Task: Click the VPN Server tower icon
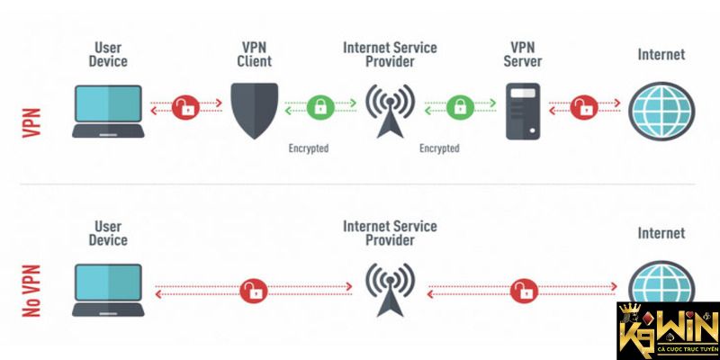522,110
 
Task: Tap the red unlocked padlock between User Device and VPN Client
186,105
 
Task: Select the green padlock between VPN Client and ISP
320,105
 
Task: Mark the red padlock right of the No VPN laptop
254,290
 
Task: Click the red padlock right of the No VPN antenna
522,290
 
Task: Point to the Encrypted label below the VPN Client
309,148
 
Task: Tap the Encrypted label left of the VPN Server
440,148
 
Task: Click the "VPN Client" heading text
253,53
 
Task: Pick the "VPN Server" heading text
522,53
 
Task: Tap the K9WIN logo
666,328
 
